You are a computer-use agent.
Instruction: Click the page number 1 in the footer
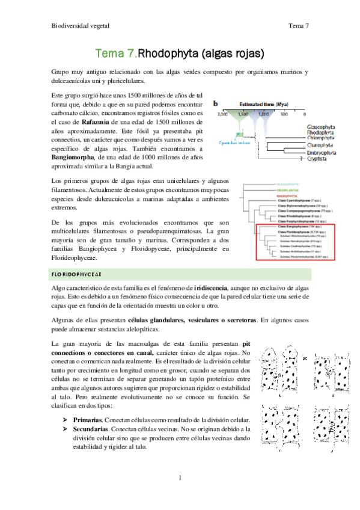180,478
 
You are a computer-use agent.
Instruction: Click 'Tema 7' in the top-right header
298,25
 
